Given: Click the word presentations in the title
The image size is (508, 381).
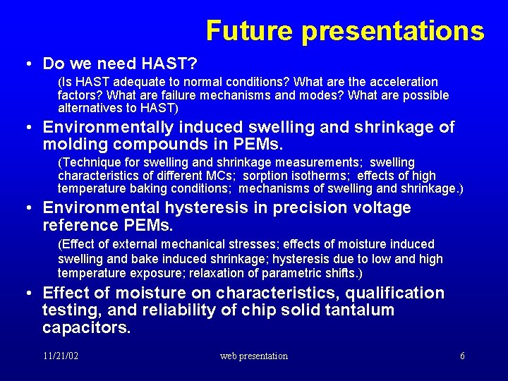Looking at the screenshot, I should [x=393, y=31].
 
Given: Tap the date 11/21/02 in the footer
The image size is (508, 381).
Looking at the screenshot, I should [x=60, y=356].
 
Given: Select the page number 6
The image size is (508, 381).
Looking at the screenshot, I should [x=462, y=356].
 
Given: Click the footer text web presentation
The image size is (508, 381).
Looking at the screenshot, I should [x=254, y=356].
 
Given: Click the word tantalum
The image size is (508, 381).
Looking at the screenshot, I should [x=357, y=310].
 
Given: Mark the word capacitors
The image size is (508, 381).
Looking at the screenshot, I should [x=86, y=327].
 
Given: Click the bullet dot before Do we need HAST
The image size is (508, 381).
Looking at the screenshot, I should [x=25, y=64].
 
